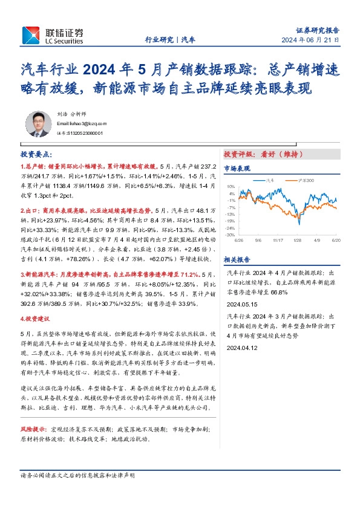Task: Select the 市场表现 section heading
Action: (237, 169)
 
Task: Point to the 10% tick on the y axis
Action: (231, 186)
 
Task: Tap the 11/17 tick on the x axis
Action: (278, 239)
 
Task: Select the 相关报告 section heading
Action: (237, 259)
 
